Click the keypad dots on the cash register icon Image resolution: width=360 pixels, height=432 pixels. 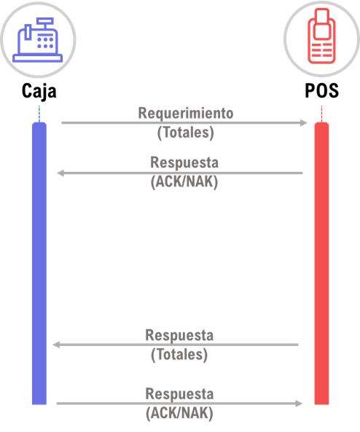click(x=45, y=43)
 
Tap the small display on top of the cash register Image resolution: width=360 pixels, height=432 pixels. click(x=45, y=20)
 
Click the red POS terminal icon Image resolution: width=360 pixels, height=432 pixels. click(x=321, y=36)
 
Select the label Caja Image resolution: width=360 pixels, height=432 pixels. click(x=39, y=91)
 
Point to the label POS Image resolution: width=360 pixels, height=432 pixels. click(x=321, y=90)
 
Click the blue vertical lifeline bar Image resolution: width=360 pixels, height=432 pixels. click(x=39, y=264)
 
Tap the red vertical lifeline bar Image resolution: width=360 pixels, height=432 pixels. click(x=321, y=264)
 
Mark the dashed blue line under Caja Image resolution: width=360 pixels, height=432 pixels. click(x=39, y=114)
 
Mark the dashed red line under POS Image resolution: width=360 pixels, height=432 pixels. click(x=321, y=114)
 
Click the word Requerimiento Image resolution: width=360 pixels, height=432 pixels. click(x=186, y=113)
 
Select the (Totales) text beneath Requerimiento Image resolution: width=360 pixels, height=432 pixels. click(x=186, y=133)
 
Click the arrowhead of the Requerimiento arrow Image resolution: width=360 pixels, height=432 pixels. click(x=303, y=122)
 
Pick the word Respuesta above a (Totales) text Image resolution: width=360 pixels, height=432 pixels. click(x=179, y=335)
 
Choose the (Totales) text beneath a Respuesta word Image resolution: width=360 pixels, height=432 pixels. click(x=179, y=355)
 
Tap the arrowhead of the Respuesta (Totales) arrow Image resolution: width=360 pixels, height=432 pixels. click(x=56, y=345)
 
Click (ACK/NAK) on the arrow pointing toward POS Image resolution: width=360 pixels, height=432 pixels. click(x=179, y=413)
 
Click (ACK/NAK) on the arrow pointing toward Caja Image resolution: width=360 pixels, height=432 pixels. click(x=184, y=182)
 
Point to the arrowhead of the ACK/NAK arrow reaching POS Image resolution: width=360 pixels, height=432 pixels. click(x=299, y=404)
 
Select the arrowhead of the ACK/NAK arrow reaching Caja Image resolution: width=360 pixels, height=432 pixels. click(x=60, y=173)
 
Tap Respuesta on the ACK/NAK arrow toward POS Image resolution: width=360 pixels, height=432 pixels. click(x=179, y=394)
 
